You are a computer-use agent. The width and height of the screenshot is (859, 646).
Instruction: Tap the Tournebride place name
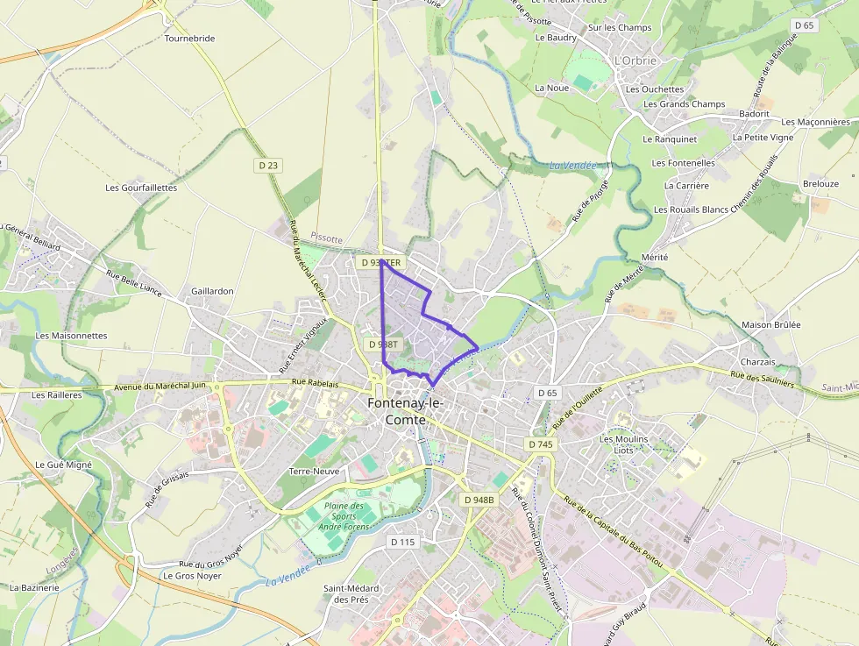[x=189, y=39]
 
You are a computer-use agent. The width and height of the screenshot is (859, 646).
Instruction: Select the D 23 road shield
[x=268, y=165]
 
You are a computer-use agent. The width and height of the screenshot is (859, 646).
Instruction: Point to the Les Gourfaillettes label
[x=141, y=188]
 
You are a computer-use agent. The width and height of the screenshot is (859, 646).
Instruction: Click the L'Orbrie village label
[x=635, y=60]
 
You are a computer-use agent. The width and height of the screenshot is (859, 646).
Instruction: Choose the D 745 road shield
[x=542, y=444]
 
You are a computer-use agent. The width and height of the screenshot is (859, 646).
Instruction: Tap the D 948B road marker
[x=479, y=500]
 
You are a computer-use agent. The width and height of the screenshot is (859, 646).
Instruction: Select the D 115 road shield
[x=401, y=542]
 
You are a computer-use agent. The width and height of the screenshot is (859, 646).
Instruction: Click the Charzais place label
[x=757, y=362]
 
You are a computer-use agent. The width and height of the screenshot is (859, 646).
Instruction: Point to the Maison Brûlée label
[x=771, y=324]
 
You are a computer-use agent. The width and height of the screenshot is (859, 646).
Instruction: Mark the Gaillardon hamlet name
[x=212, y=291]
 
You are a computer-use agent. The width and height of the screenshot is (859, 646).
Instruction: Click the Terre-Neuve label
[x=313, y=471]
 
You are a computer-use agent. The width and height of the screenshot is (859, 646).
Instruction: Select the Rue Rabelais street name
[x=315, y=383]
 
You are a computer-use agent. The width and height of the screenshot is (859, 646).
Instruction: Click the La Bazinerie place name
[x=34, y=587]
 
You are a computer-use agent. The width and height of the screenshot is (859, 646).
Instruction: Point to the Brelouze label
[x=820, y=184]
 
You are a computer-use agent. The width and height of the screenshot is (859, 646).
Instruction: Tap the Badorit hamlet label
[x=754, y=114]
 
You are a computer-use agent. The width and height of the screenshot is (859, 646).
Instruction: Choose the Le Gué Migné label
[x=63, y=464]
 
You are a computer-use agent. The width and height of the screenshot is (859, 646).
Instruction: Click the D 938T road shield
[x=383, y=344]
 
